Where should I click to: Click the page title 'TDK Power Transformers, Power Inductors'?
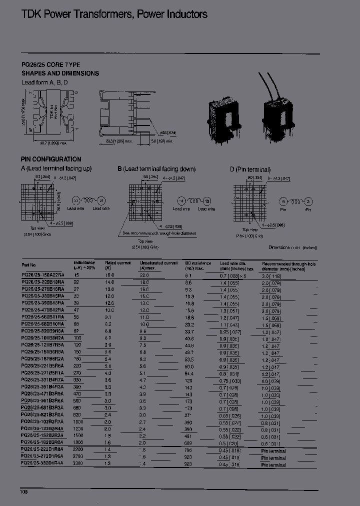[x=114, y=14]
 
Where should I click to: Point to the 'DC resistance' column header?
[x=198, y=263]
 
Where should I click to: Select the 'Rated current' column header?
[x=117, y=263]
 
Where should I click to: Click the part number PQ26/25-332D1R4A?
[x=43, y=464]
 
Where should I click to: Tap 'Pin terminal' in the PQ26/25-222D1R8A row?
[x=273, y=451]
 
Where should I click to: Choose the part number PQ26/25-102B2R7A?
[x=43, y=422]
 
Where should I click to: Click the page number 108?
[x=24, y=492]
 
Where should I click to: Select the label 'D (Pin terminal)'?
[x=250, y=169]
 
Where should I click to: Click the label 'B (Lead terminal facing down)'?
[x=156, y=169]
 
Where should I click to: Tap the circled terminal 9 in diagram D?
[x=283, y=201]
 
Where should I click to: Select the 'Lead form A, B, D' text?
[x=44, y=82]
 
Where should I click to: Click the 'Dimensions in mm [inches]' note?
[x=292, y=247]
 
